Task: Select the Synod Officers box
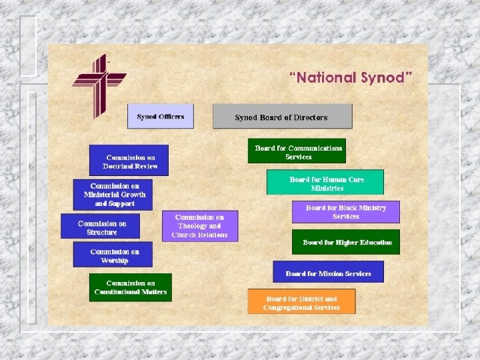pos(161,117)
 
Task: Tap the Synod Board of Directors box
pos(282,117)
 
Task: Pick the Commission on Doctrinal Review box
pos(129,160)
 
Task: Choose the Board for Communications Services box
pos(297,151)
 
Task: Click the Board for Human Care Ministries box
pos(325,183)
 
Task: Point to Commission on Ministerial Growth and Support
pos(113,194)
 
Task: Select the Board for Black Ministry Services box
pos(345,212)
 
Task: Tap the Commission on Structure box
pos(101,227)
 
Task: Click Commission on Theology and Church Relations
pos(199,226)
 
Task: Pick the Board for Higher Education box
pos(346,242)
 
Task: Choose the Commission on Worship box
pos(113,255)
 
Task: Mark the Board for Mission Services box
pos(328,273)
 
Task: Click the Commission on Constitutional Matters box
pos(131,287)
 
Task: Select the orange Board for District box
pos(301,303)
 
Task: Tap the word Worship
pos(114,261)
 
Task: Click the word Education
pos(373,243)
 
